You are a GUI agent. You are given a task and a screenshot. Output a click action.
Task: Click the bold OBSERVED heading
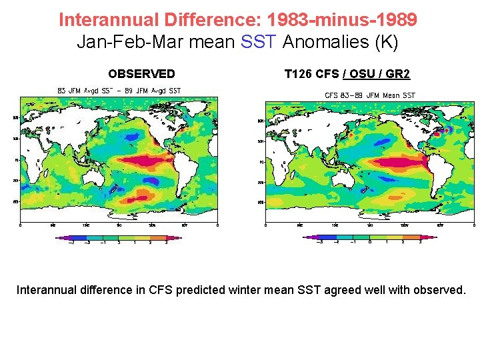point(141,74)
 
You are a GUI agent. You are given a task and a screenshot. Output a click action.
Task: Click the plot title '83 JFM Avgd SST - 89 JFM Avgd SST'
point(119,91)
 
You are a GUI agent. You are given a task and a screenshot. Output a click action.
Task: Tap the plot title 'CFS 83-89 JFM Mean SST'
point(369,95)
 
